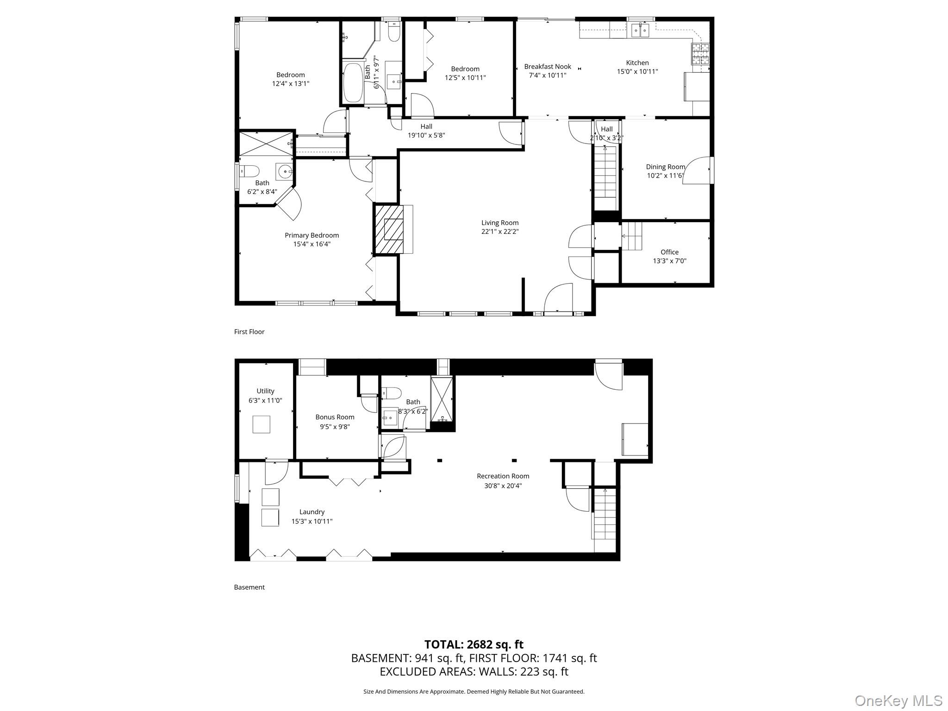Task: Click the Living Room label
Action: point(499,223)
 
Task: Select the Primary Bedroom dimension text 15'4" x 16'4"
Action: point(312,244)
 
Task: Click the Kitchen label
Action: point(637,63)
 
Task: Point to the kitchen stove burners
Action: point(700,54)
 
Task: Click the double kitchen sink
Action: point(641,30)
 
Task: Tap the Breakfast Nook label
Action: point(548,67)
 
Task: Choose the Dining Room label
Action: point(665,167)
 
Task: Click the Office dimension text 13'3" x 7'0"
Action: point(669,261)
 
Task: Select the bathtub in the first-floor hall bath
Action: point(353,82)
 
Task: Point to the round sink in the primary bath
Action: point(284,171)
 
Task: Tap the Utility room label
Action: point(265,391)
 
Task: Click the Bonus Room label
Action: point(335,417)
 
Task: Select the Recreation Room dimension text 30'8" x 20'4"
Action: point(503,486)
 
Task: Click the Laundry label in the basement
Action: point(312,512)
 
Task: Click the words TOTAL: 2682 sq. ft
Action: point(474,644)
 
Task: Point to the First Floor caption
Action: point(249,331)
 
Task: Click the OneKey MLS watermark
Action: point(898,700)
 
